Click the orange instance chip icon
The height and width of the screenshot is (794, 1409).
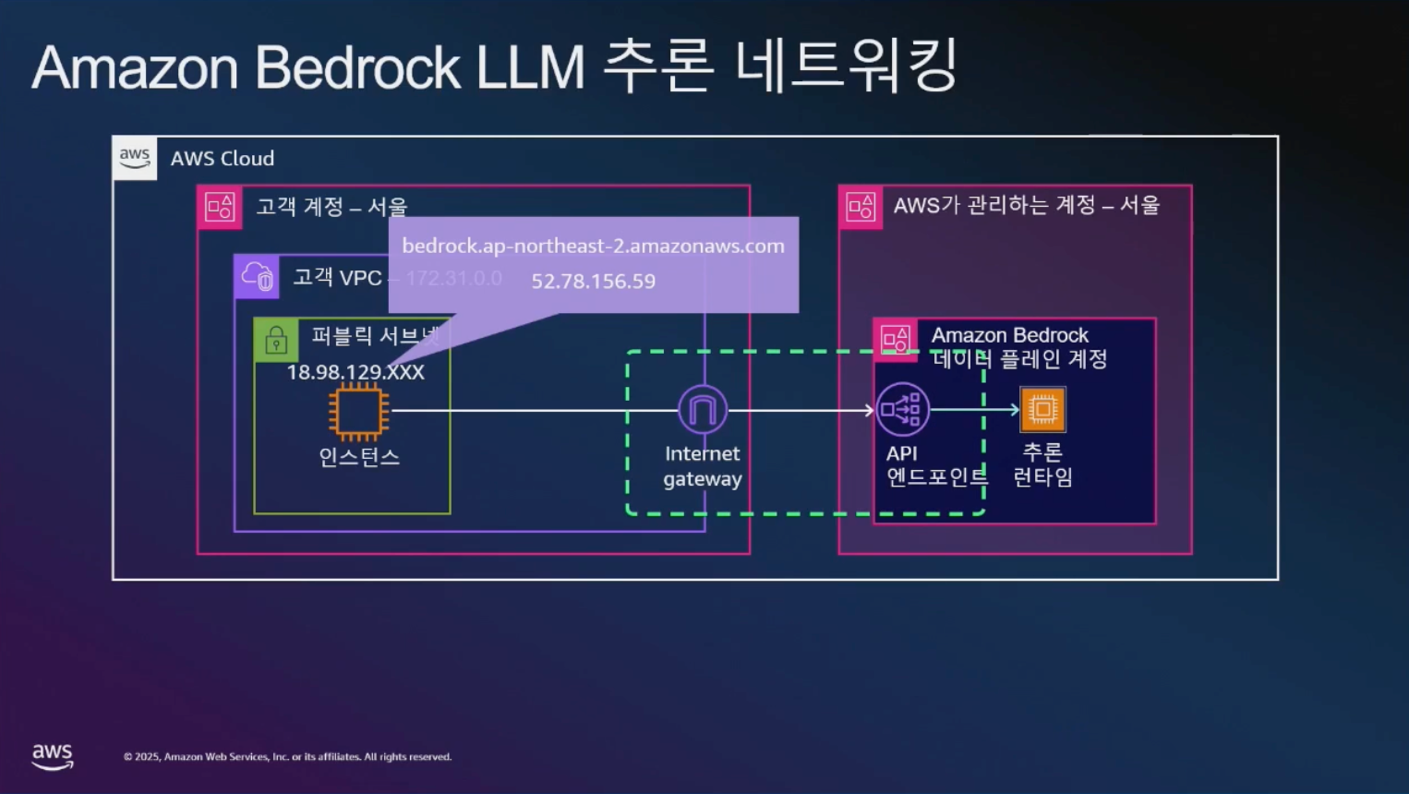coord(358,412)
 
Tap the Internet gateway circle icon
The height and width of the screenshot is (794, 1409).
coord(703,410)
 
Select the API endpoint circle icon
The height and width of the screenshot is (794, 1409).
coord(902,409)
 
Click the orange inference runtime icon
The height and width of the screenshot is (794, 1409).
coord(1042,409)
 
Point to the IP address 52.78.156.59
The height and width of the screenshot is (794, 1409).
coord(593,282)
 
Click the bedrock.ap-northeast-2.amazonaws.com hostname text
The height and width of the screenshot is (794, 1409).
coord(593,247)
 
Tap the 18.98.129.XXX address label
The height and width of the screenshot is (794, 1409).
coord(355,372)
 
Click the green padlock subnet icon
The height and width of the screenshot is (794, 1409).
coord(276,341)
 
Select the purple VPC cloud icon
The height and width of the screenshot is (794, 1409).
coord(257,276)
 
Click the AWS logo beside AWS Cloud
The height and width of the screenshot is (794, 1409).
coord(135,158)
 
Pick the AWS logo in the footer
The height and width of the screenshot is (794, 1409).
coord(53,756)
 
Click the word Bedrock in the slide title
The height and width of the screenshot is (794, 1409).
coord(356,67)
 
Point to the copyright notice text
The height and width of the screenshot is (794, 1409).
coord(287,757)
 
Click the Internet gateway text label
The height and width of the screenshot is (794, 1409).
coord(703,466)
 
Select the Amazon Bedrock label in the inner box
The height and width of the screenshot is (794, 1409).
coord(1009,335)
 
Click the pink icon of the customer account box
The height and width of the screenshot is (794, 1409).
coord(220,207)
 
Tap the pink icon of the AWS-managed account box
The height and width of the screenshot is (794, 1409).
coord(861,207)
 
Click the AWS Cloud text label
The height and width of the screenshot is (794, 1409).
coord(223,159)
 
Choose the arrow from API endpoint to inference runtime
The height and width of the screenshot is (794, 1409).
coord(974,409)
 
